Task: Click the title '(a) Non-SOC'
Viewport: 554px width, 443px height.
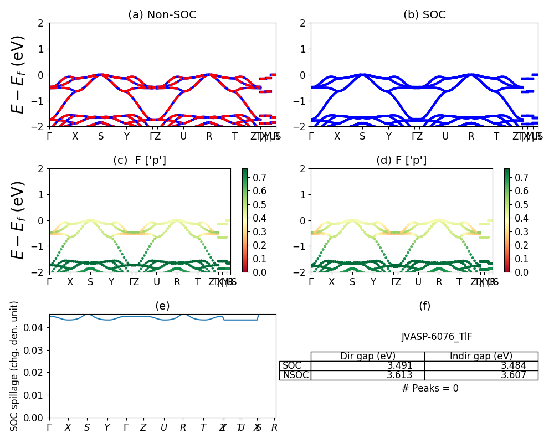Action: (162, 15)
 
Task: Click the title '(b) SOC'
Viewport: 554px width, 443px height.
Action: (424, 15)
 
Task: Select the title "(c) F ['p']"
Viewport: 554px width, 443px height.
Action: (140, 161)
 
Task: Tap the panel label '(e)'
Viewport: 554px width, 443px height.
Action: (162, 306)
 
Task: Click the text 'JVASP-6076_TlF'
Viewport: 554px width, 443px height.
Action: (437, 337)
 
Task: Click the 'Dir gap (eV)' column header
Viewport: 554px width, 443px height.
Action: (368, 356)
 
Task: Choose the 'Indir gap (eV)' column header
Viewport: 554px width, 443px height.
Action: (481, 356)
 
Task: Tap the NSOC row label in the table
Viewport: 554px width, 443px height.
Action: (295, 375)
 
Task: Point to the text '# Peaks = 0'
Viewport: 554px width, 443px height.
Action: (430, 388)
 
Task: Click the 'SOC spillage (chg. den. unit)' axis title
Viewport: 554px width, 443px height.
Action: (15, 366)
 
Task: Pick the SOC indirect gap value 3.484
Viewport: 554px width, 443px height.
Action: (513, 365)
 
